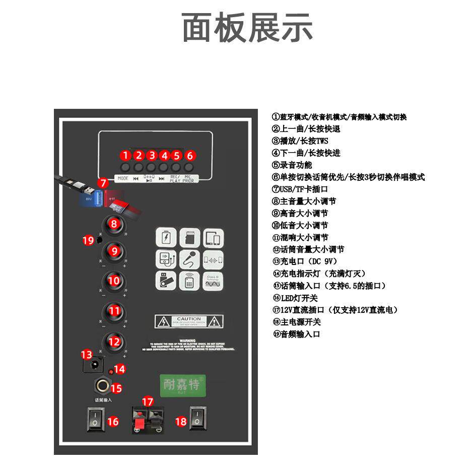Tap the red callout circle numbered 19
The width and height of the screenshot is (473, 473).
(88, 240)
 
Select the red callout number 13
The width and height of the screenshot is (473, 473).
(87, 355)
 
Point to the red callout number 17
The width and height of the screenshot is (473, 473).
(148, 401)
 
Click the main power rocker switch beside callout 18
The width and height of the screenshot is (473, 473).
(197, 419)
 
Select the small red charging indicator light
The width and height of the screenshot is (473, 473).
(111, 372)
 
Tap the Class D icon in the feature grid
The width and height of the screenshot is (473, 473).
(213, 281)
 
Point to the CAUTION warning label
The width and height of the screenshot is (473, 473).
(189, 321)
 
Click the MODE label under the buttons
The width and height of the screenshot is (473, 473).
(123, 178)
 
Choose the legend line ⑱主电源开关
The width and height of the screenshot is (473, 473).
(297, 322)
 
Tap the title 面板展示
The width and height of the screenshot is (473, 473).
(247, 28)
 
